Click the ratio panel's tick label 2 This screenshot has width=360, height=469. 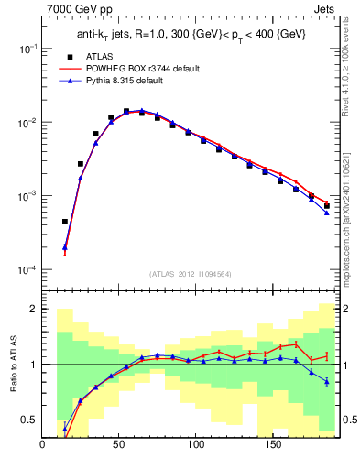coord(32,309)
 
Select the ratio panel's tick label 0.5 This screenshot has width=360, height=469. coord(28,420)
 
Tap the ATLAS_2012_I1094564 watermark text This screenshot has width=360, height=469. coord(190,273)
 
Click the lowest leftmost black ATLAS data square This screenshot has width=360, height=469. coord(65,221)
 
